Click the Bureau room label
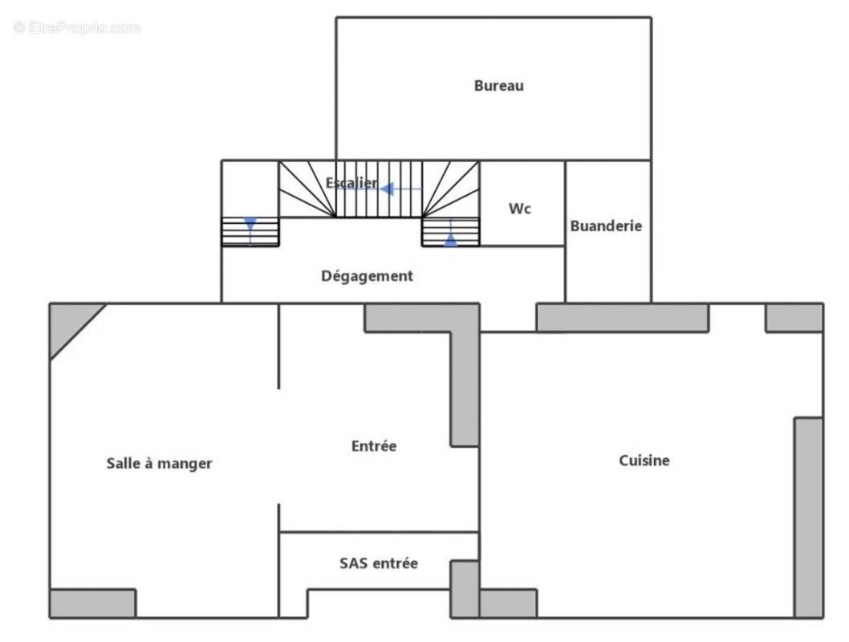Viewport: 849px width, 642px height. tap(498, 86)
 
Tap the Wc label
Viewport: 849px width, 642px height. tap(520, 209)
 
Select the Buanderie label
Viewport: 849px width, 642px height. tap(606, 226)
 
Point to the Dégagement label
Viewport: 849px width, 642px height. tap(367, 276)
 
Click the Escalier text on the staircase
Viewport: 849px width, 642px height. tap(351, 183)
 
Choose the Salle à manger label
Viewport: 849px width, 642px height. tap(159, 463)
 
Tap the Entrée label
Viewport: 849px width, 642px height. tap(373, 446)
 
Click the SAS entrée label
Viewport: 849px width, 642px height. tap(378, 563)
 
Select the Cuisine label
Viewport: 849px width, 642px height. tap(644, 461)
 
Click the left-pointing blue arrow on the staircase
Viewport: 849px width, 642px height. tap(388, 189)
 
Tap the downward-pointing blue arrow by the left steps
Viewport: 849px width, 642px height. tap(250, 224)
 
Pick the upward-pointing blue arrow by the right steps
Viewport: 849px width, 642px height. tap(451, 238)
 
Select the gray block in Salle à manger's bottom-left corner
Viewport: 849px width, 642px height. tap(92, 603)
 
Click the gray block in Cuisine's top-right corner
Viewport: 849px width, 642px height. tap(794, 318)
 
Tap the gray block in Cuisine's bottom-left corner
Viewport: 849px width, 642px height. tap(508, 603)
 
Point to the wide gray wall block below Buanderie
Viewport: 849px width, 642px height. tap(622, 318)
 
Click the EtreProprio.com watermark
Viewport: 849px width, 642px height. tap(76, 28)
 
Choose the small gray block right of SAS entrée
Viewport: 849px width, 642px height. tap(464, 588)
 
